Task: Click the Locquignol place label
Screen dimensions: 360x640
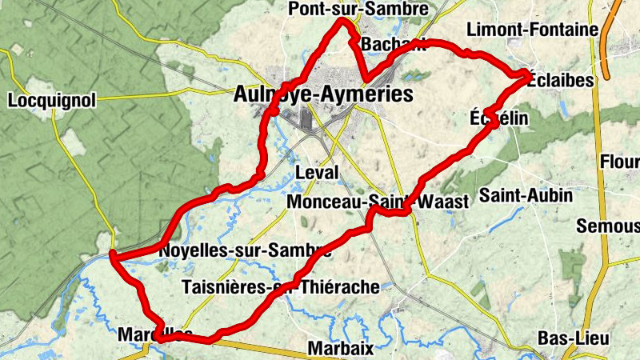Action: point(51,101)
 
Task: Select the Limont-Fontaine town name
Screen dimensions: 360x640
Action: point(543,30)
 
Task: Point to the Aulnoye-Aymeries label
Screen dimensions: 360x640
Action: point(323,94)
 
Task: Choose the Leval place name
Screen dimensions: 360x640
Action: point(317,173)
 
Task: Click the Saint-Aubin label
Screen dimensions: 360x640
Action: point(526,195)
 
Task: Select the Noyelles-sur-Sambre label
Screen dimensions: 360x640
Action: point(245,250)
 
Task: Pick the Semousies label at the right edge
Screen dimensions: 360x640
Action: point(608,226)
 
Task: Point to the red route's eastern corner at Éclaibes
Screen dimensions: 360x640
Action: point(527,77)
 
